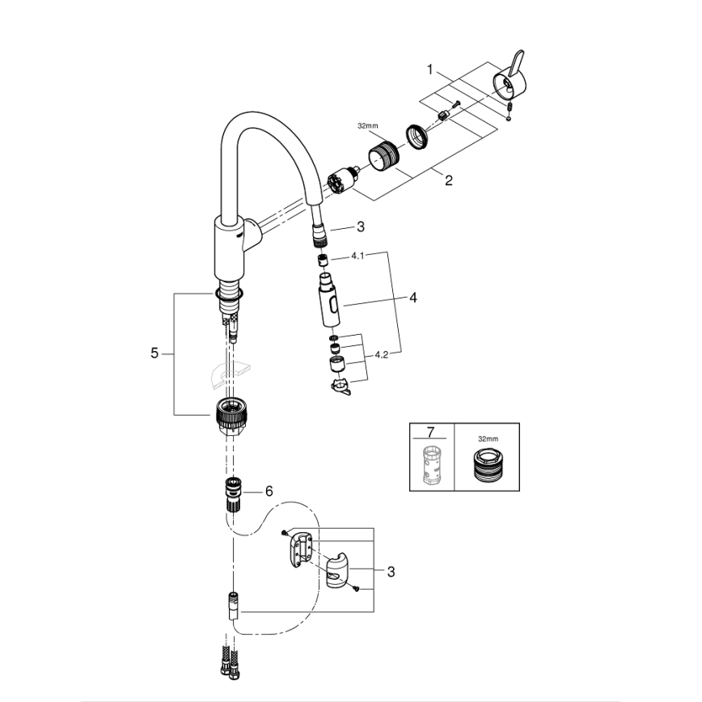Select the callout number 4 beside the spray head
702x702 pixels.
pos(412,298)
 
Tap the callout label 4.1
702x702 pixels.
pos(358,256)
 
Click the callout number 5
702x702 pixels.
pos(154,353)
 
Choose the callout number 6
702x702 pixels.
pos(269,491)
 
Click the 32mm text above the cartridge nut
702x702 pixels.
pos(367,125)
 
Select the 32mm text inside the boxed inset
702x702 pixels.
pos(487,438)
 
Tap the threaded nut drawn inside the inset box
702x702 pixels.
pos(486,467)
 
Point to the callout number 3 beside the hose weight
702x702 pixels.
pos(391,572)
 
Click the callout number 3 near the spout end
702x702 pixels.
pos(361,228)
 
